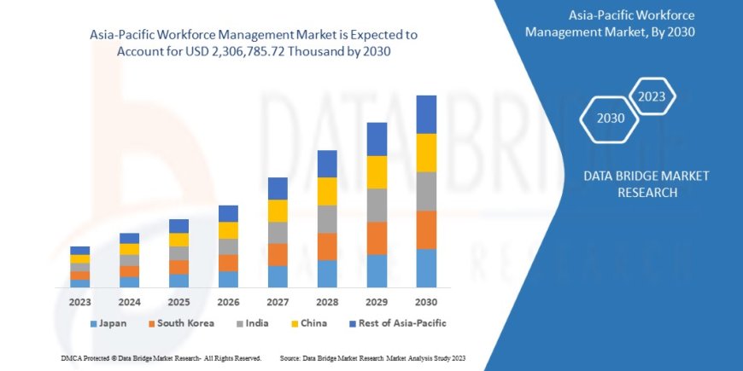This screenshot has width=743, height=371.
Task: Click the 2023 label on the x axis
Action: click(79, 302)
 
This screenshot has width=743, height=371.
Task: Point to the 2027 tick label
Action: click(278, 302)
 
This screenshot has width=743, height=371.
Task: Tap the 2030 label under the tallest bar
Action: click(425, 302)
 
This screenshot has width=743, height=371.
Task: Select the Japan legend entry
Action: click(110, 323)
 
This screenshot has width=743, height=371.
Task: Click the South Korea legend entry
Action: click(180, 323)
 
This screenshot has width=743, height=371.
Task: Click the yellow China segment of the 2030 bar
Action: click(426, 152)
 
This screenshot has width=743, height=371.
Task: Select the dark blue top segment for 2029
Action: click(377, 139)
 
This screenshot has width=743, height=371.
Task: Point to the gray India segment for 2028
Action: click(327, 219)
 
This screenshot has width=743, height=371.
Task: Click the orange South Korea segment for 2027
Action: click(278, 254)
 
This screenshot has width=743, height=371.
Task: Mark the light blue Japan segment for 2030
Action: click(426, 268)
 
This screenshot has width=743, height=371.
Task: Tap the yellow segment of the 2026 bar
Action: click(228, 230)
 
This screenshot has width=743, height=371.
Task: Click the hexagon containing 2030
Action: click(610, 118)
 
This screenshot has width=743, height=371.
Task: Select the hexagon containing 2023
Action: click(652, 96)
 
